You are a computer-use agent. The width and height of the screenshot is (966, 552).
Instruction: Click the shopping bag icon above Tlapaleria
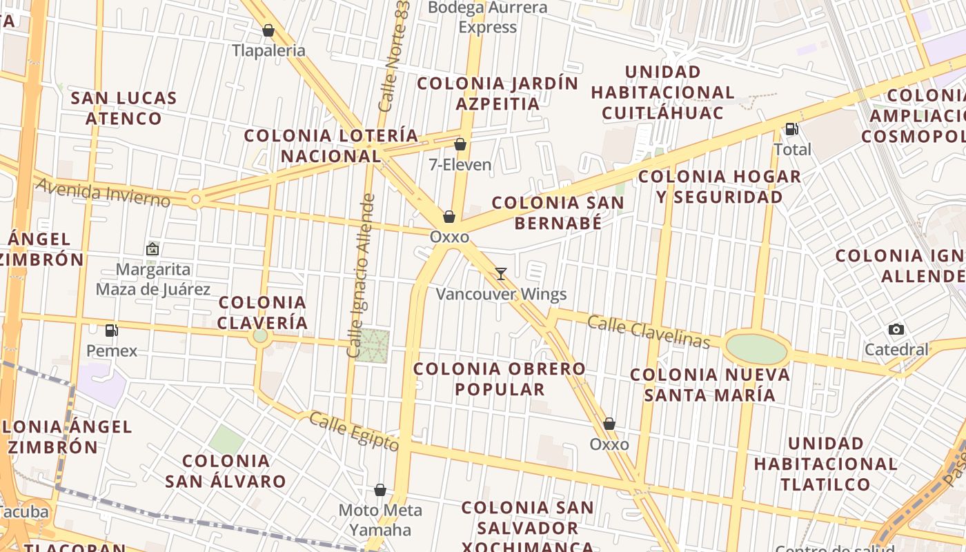(268, 30)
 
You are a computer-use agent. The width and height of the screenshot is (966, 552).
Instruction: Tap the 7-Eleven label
(460, 165)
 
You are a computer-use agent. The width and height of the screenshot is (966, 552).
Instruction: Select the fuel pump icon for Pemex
(112, 331)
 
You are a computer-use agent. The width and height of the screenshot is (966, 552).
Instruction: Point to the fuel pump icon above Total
(791, 128)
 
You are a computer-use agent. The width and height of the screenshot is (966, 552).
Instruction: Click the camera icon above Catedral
(896, 329)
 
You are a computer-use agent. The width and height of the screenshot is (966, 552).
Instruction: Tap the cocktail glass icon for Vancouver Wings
(501, 274)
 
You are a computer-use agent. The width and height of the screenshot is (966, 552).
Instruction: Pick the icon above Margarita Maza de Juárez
(152, 249)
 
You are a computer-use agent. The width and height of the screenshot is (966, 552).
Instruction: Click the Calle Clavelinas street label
(649, 332)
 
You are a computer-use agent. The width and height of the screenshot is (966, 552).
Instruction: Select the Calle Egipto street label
(353, 431)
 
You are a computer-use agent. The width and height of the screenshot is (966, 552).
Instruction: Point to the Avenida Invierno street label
(103, 192)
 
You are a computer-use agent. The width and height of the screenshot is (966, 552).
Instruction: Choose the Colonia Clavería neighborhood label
(263, 312)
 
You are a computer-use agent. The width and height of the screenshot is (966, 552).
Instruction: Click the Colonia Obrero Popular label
(500, 379)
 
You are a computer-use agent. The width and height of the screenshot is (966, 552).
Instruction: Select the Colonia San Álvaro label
(225, 471)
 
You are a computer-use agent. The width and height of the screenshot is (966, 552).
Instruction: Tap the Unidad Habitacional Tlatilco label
(825, 463)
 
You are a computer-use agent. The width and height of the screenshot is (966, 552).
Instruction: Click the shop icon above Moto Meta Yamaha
(379, 490)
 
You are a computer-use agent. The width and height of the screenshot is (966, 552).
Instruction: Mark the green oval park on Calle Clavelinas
(757, 350)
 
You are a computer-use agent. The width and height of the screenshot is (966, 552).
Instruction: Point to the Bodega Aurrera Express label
(488, 17)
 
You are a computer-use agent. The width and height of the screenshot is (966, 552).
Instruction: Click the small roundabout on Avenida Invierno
(195, 200)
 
